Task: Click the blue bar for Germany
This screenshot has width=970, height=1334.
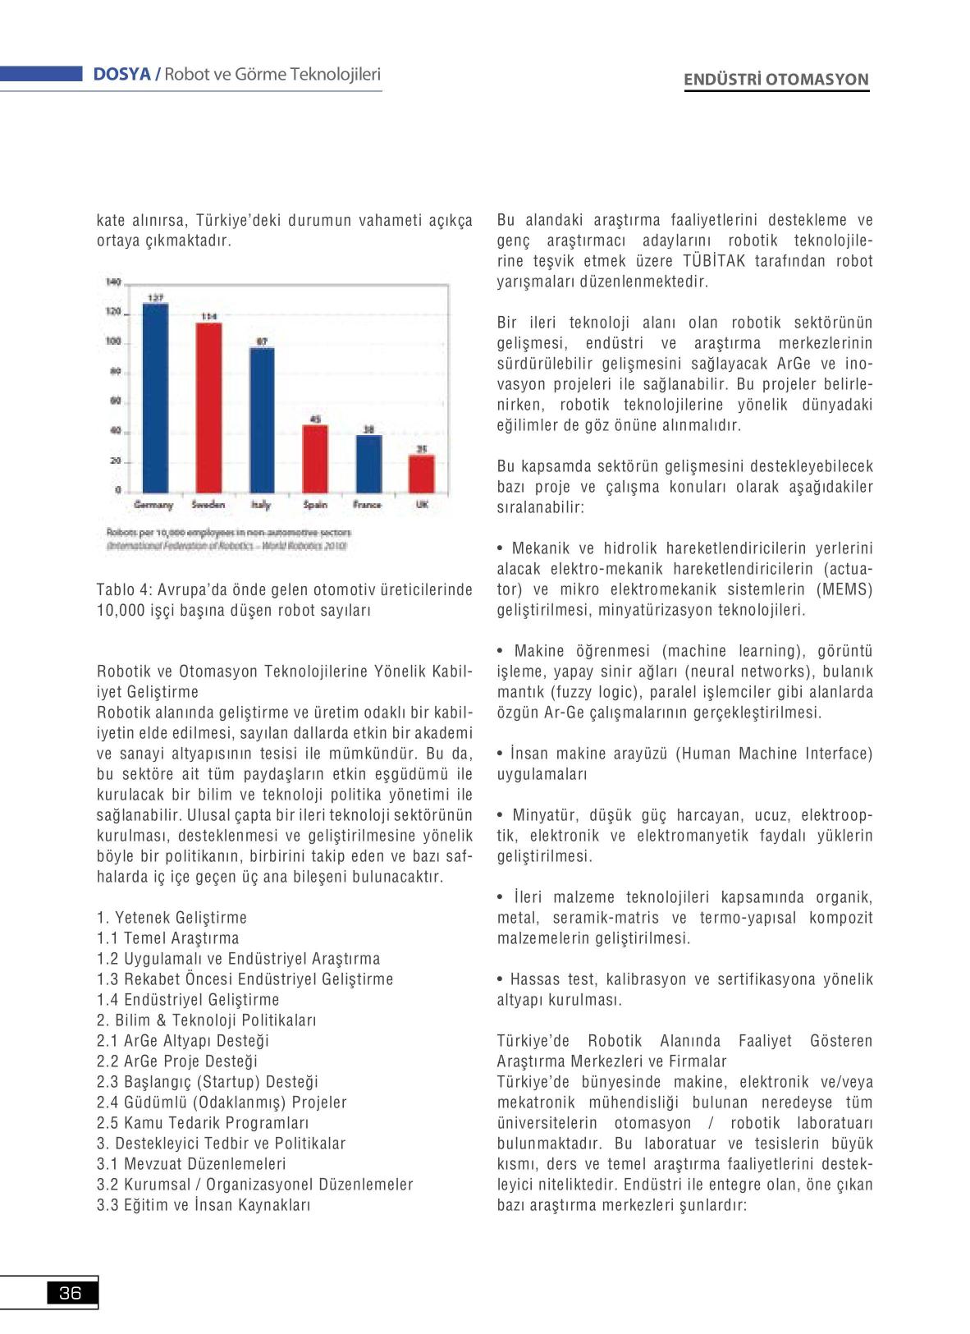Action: pyautogui.click(x=156, y=398)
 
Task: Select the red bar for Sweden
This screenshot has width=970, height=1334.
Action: pyautogui.click(x=208, y=407)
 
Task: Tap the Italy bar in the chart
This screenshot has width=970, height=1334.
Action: pyautogui.click(x=262, y=419)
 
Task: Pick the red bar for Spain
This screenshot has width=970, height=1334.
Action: pyautogui.click(x=315, y=458)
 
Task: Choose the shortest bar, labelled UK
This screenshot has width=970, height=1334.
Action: pyautogui.click(x=421, y=473)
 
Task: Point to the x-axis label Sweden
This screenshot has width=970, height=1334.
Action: pyautogui.click(x=208, y=505)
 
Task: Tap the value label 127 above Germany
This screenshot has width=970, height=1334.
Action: pyautogui.click(x=155, y=297)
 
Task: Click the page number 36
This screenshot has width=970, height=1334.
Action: pyautogui.click(x=71, y=1294)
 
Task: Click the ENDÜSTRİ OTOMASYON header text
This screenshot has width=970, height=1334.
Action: pyautogui.click(x=776, y=80)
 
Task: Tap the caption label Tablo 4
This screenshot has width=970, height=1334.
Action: pyautogui.click(x=124, y=590)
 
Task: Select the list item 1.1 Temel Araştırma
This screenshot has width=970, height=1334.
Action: pyautogui.click(x=167, y=938)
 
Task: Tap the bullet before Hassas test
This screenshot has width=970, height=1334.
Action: pyautogui.click(x=500, y=980)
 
